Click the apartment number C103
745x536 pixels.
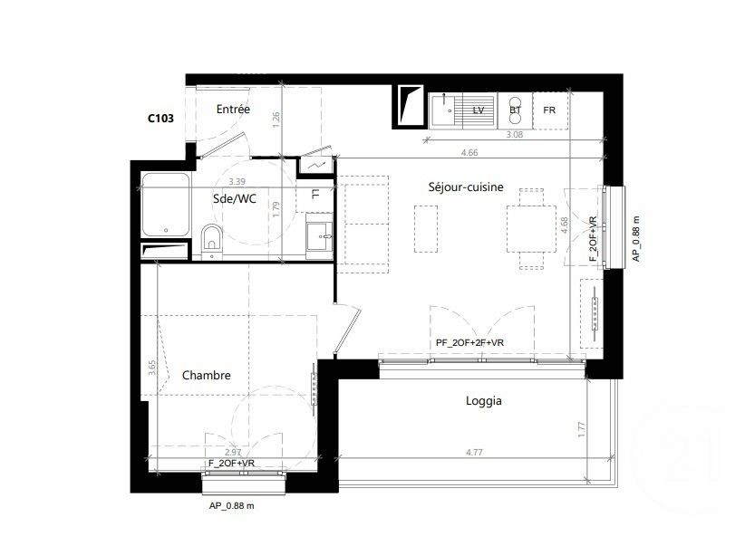(x=160, y=117)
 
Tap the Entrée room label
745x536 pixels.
(x=233, y=110)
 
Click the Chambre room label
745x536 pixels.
(x=207, y=375)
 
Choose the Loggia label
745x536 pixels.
(x=483, y=400)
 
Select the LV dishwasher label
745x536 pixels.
(x=479, y=110)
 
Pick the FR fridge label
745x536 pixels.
(x=548, y=110)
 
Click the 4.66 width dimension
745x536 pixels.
(x=469, y=153)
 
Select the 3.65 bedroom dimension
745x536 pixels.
(x=152, y=367)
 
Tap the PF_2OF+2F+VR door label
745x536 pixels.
(x=469, y=341)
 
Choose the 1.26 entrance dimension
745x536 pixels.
(x=276, y=117)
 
